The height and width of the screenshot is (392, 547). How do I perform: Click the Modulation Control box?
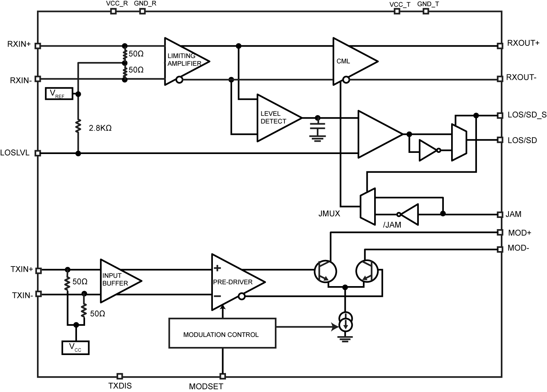pyautogui.click(x=222, y=333)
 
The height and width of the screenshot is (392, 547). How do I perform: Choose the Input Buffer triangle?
pyautogui.click(x=117, y=280)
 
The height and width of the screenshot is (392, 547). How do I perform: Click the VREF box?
pyautogui.click(x=59, y=94)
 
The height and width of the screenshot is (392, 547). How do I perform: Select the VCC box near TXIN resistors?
pyautogui.click(x=75, y=347)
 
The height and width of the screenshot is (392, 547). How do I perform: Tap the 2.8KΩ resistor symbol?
pyautogui.click(x=78, y=126)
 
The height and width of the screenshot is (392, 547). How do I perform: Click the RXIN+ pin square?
pyautogui.click(x=38, y=46)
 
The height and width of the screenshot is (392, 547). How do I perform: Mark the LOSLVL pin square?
pyautogui.click(x=38, y=153)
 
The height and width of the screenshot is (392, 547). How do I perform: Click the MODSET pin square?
pyautogui.click(x=222, y=376)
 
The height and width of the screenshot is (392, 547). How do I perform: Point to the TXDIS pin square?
pyautogui.click(x=120, y=376)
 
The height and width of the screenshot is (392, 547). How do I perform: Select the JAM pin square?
pyautogui.click(x=500, y=214)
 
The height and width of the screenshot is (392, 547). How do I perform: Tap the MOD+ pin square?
pyautogui.click(x=500, y=232)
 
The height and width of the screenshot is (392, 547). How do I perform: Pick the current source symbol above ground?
pyautogui.click(x=345, y=322)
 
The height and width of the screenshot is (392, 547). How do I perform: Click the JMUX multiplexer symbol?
pyautogui.click(x=368, y=206)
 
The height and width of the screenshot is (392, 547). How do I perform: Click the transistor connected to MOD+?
pyautogui.click(x=325, y=271)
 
